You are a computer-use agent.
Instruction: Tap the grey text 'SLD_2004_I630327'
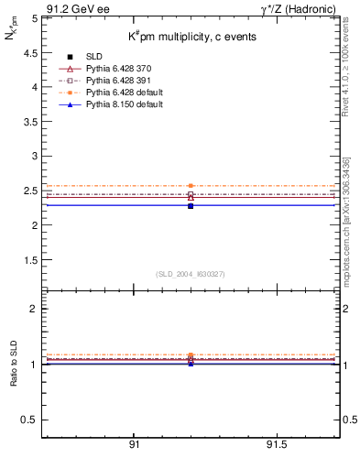click(191, 274)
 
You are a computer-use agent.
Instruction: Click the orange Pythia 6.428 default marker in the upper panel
click(191, 186)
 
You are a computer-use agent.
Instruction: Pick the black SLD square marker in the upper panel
click(191, 206)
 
